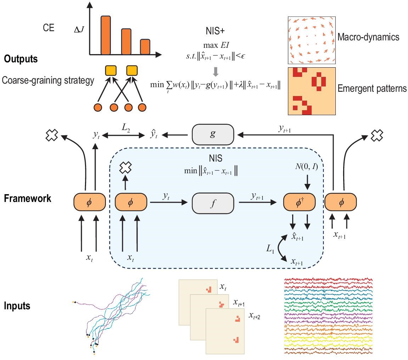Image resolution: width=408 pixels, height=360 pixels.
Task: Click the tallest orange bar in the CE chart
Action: [106, 35]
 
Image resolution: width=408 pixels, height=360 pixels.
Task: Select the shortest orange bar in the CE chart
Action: [145, 47]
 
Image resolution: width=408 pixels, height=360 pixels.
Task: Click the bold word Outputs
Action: [21, 59]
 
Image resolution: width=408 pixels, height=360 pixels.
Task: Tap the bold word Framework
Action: [28, 198]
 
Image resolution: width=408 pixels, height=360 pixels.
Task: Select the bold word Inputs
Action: [17, 305]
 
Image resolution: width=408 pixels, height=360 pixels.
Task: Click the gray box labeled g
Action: [213, 134]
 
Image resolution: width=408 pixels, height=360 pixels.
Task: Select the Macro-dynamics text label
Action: [369, 37]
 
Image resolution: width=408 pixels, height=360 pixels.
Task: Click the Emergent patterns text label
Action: [372, 88]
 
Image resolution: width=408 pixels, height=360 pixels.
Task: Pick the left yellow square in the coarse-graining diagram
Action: [110, 71]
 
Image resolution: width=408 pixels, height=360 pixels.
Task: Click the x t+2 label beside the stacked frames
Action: [254, 316]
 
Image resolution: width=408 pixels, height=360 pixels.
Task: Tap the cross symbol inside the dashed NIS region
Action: [125, 168]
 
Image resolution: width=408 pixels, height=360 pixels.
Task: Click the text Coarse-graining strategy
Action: [48, 80]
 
